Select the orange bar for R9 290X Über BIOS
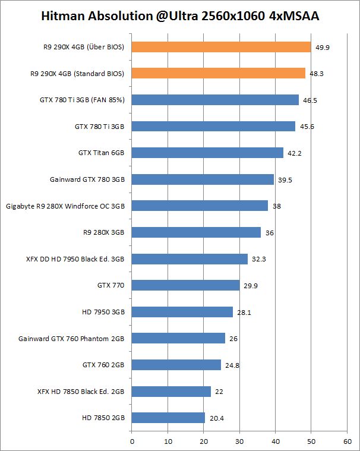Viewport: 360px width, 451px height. point(221,47)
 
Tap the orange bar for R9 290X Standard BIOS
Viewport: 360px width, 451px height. point(218,73)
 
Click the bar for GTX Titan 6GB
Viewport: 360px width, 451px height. point(207,153)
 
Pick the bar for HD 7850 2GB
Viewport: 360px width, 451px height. point(168,418)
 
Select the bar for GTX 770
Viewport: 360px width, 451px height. point(185,285)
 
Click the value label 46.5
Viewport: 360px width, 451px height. point(310,100)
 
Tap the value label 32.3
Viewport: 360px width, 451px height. point(259,259)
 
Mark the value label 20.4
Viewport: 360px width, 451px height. point(216,418)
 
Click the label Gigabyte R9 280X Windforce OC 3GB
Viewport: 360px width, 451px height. point(65,206)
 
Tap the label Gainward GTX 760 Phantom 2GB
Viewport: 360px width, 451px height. point(71,339)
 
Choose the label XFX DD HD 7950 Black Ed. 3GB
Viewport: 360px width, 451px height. point(75,259)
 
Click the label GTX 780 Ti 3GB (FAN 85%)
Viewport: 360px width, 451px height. point(82,100)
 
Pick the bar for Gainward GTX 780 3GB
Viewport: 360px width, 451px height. point(203,179)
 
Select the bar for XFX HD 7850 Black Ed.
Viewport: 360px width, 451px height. point(171,392)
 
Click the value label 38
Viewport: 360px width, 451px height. point(277,206)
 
